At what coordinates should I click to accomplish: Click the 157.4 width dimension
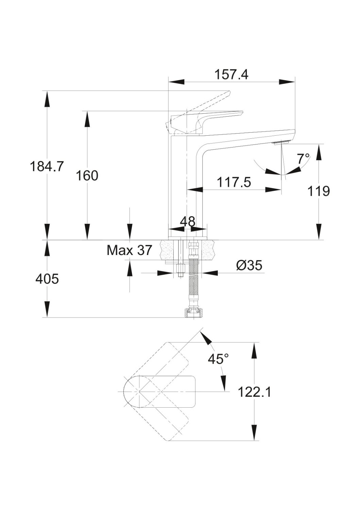point(231,74)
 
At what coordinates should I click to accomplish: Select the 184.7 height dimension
point(47,167)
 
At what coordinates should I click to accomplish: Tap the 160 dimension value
point(87,176)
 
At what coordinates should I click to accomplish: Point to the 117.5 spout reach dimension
point(234,182)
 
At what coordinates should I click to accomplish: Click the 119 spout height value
point(319,191)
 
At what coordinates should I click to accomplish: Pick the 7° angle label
point(303,158)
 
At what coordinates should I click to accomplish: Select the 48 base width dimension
point(188,222)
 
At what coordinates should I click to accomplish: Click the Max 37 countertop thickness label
point(129,251)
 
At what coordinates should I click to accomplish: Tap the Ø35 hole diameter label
point(249,266)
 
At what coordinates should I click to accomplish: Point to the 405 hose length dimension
point(47,279)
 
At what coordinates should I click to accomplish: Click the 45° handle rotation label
point(218,359)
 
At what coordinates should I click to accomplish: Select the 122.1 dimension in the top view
point(254,392)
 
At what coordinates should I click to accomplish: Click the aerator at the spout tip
point(282,142)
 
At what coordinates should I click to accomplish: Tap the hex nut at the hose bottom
point(193,313)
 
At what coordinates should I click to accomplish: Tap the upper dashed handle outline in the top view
point(170,360)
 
